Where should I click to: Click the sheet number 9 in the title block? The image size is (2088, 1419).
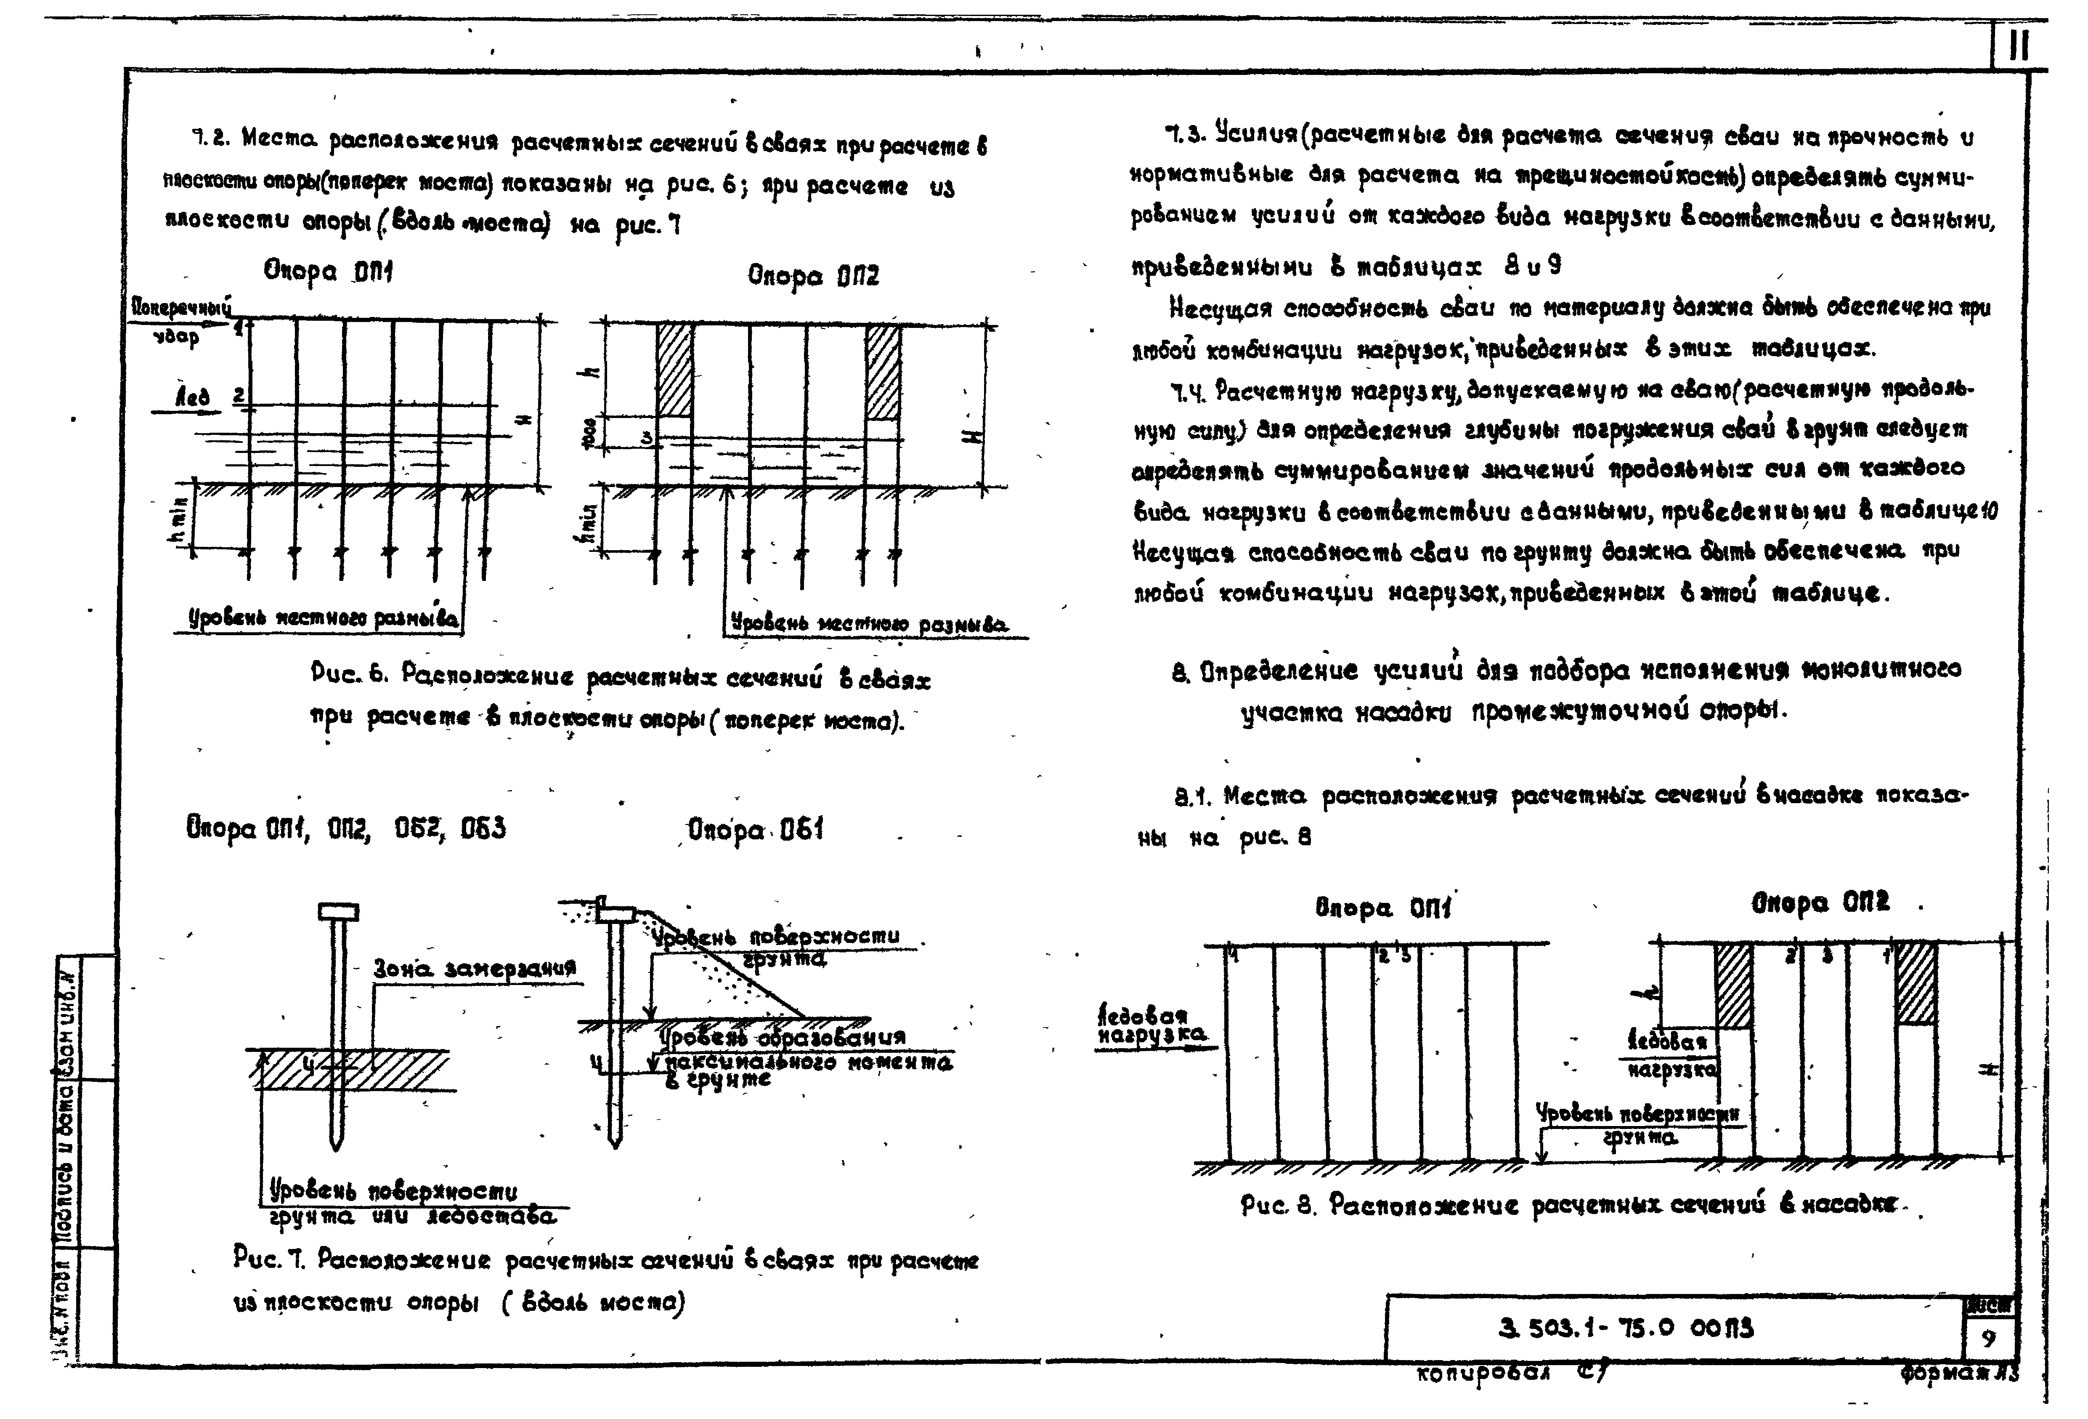coord(1988,1339)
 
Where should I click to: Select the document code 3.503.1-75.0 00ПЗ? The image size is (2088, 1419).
coord(1626,1328)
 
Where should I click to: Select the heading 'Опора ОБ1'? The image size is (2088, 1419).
coord(755,830)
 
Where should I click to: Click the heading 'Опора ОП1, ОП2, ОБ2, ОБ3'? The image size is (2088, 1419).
coord(346,828)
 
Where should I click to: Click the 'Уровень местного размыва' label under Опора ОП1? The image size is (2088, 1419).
coord(324,618)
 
